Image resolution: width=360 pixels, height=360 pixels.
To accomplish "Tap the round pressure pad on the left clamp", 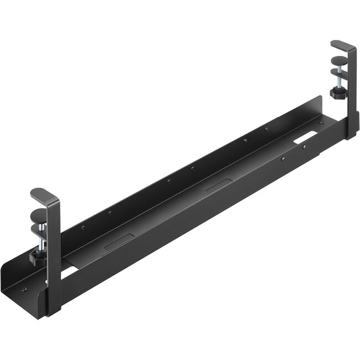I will coord(38,215).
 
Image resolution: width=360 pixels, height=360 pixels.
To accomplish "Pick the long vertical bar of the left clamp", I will coord(54,255).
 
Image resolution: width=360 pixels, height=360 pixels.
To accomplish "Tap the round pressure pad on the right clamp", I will coord(338,61).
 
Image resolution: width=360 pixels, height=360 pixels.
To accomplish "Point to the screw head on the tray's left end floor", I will coord(25,289).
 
